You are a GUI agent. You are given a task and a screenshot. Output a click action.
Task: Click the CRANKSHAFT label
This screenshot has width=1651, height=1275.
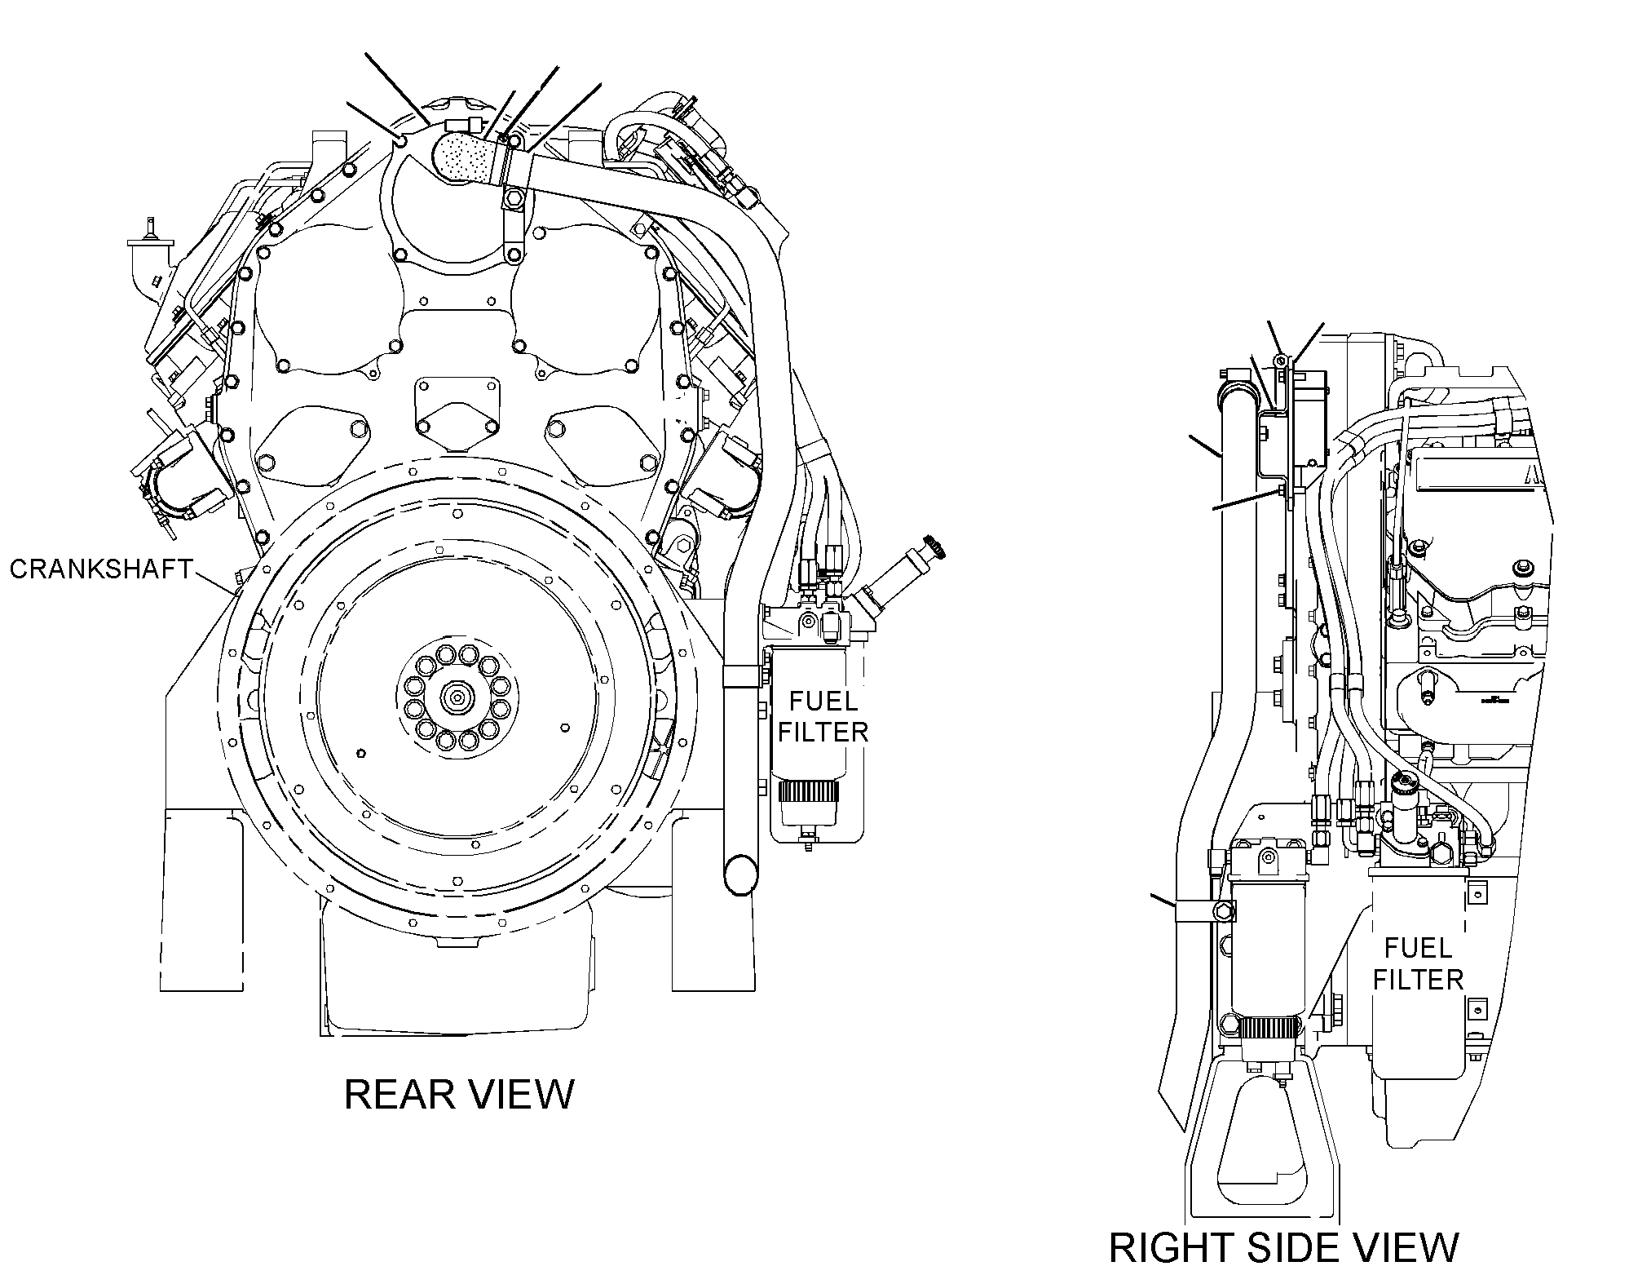coord(101,569)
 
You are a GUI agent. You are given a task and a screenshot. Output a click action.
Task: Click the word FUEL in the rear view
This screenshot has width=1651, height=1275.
coord(822,702)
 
